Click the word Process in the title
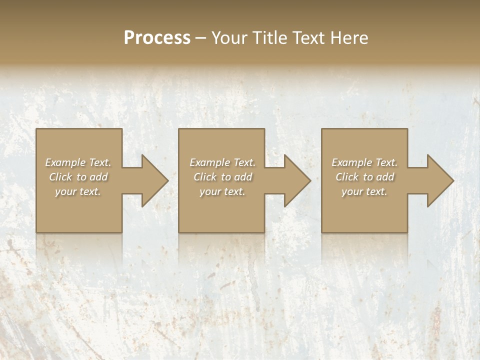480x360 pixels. pos(157,38)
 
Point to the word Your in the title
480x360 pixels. pos(229,38)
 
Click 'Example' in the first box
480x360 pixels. pos(65,162)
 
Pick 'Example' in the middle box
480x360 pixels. pos(209,162)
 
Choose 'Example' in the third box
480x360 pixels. pos(351,162)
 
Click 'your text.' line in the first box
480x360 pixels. pos(77,191)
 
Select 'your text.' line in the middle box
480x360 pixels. pos(222,191)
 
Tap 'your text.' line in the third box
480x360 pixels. pos(364,191)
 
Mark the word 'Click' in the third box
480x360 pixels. pos(347,177)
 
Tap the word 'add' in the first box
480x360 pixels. pos(99,177)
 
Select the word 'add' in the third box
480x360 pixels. pos(385,177)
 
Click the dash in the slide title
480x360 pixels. pos(201,38)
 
